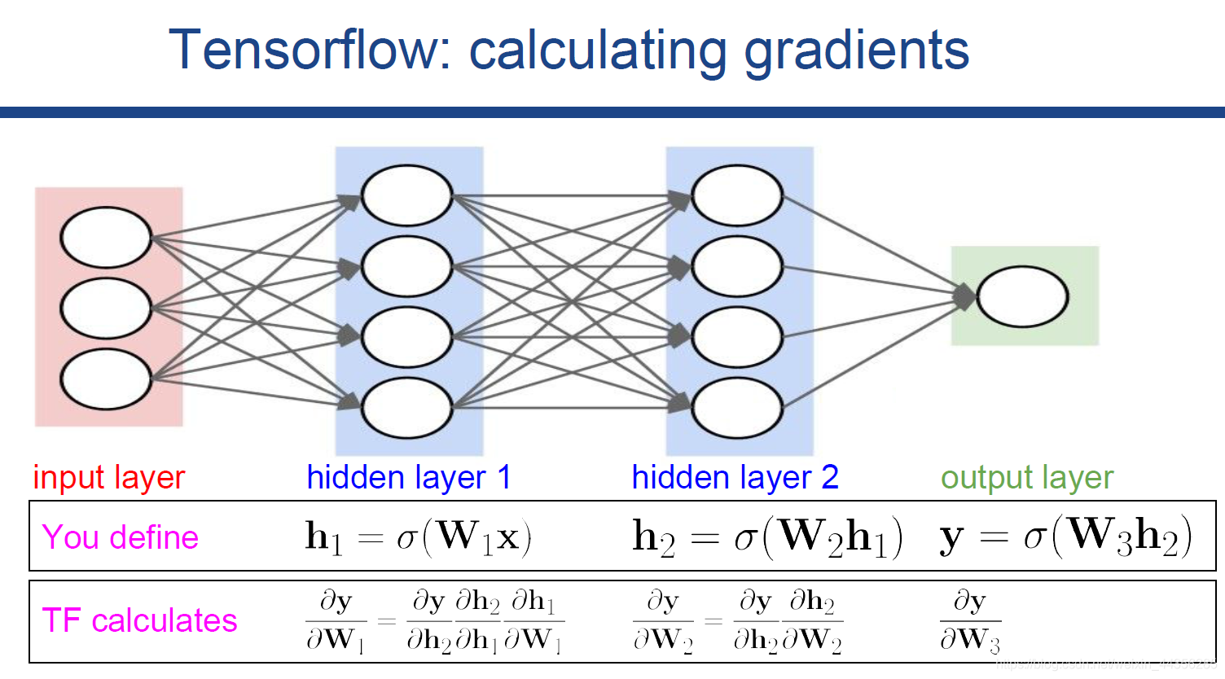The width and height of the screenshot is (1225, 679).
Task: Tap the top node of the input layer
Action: (x=106, y=238)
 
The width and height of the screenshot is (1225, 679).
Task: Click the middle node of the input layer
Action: (x=106, y=309)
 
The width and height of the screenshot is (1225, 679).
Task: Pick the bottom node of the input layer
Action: (x=106, y=379)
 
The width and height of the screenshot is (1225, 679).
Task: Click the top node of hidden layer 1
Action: (x=406, y=195)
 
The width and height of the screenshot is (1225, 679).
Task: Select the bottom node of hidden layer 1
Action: (x=406, y=407)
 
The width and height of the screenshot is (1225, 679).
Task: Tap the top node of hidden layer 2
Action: (x=737, y=195)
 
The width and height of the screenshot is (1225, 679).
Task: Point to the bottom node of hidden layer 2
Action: (x=737, y=407)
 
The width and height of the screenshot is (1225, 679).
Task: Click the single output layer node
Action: (x=1022, y=297)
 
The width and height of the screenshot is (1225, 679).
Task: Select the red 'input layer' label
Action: (x=109, y=478)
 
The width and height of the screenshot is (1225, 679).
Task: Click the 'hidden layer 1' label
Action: (x=409, y=478)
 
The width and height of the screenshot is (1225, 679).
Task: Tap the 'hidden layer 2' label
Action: (x=735, y=478)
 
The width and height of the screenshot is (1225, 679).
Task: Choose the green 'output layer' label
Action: (x=1027, y=478)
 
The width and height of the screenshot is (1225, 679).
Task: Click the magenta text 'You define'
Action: (x=121, y=537)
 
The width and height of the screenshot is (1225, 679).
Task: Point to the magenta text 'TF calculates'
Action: (x=139, y=620)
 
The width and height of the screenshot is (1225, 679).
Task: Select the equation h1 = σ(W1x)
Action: (x=419, y=537)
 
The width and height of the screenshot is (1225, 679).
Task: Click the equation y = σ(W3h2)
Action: (x=1065, y=537)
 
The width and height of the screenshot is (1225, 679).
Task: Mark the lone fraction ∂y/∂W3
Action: (x=969, y=620)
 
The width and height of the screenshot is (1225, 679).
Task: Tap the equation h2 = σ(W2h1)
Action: (x=767, y=537)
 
